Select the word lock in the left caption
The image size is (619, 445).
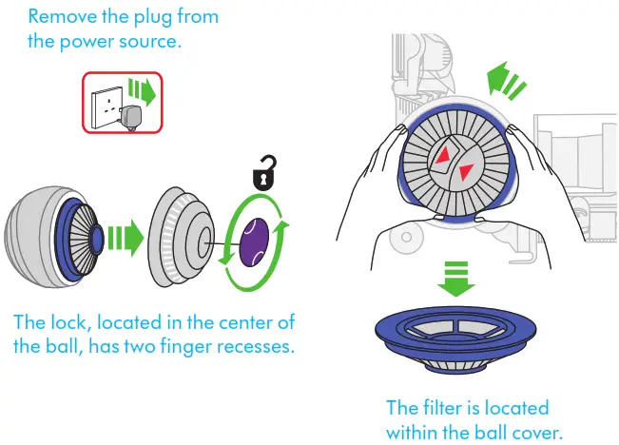(70, 321)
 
